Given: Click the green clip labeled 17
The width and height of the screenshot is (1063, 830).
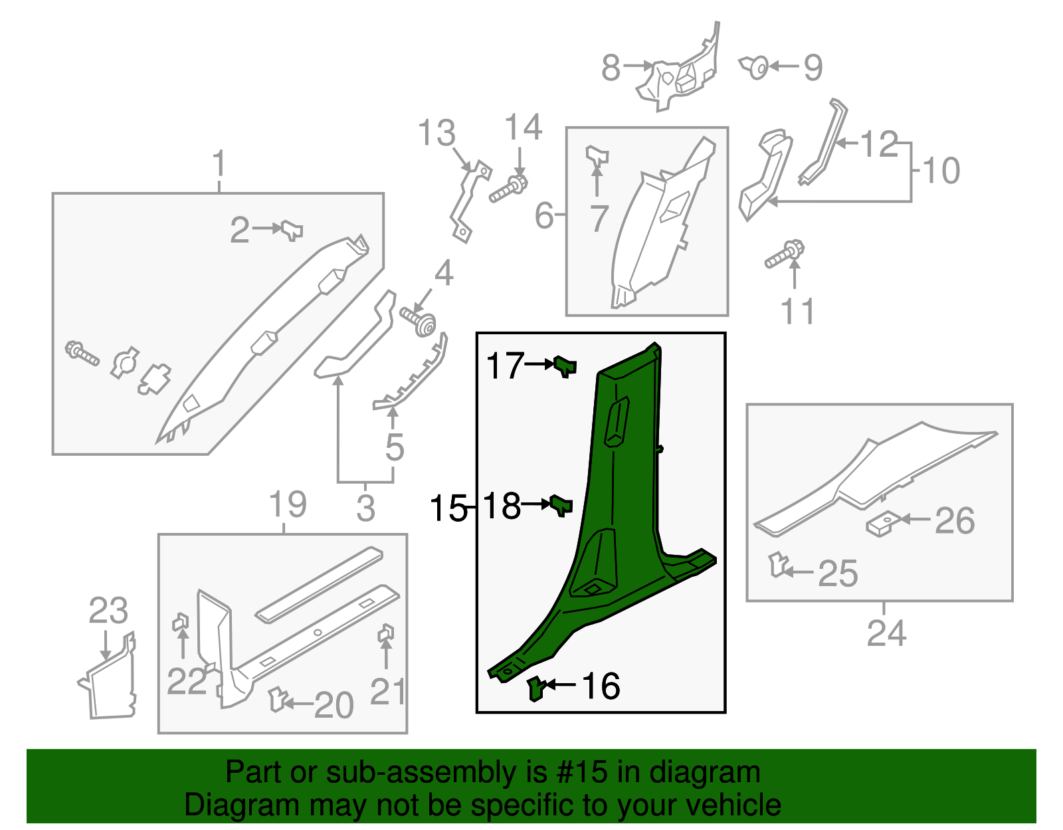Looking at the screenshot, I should click(x=565, y=365).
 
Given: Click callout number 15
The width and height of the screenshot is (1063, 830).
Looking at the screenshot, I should click(x=448, y=508).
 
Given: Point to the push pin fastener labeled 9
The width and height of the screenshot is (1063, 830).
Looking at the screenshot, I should click(x=755, y=66).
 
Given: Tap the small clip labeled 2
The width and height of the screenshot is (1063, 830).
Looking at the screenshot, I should click(x=292, y=230).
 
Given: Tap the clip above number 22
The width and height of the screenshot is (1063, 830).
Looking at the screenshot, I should click(x=180, y=623).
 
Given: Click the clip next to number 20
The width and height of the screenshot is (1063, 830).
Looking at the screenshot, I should click(x=278, y=699).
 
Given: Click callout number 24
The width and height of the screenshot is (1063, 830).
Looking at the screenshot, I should click(x=886, y=633).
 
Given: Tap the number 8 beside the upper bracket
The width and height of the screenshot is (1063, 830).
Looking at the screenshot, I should click(x=611, y=67).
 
